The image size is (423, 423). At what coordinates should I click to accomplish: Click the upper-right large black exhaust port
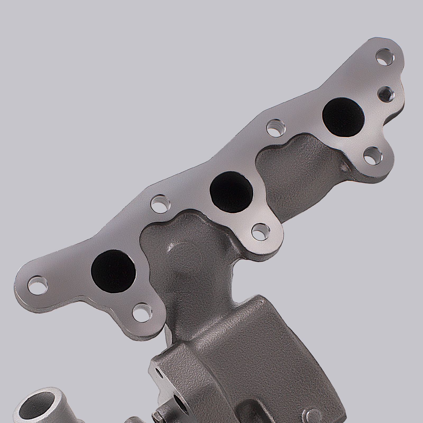click(x=343, y=117)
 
